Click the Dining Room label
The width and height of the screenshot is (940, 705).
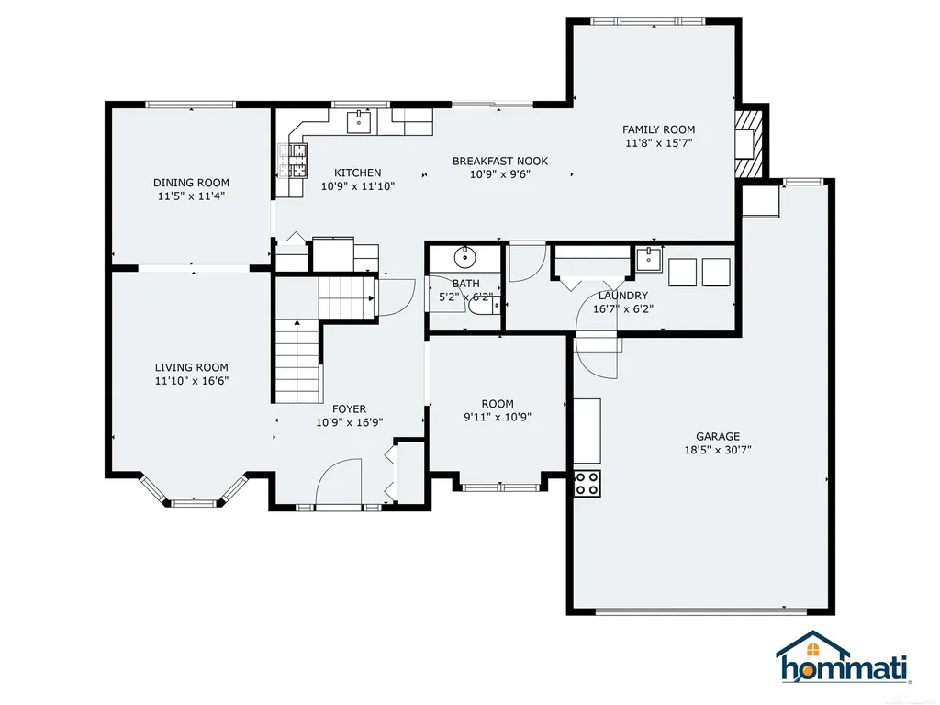[x=191, y=183]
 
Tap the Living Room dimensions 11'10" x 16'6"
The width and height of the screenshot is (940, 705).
[x=192, y=381]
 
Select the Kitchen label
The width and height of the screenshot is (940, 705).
[x=358, y=173]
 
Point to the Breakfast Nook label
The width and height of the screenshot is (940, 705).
[x=500, y=162]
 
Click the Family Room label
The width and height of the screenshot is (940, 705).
[x=659, y=129]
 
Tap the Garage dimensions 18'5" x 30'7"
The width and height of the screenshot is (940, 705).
[x=718, y=450]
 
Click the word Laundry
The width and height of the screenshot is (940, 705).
[x=623, y=296]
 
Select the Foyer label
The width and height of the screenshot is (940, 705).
[x=349, y=409]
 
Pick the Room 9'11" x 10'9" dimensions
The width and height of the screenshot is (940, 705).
[x=498, y=418]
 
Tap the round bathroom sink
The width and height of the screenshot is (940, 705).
[x=464, y=257]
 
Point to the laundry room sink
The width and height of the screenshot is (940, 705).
[x=649, y=260]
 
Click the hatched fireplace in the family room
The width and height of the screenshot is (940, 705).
[x=749, y=142]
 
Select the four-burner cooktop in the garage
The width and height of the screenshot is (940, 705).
[x=587, y=483]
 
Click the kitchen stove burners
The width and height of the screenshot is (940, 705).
[x=292, y=162]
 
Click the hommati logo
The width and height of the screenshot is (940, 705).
[x=845, y=658]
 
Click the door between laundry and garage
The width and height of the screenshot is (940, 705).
[x=597, y=358]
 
